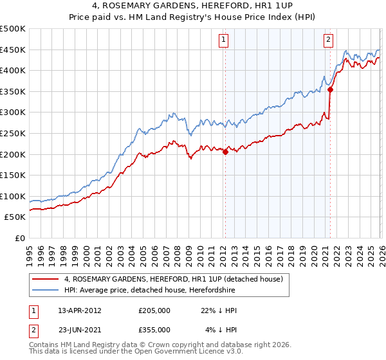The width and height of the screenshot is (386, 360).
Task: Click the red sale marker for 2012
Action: click(225, 152)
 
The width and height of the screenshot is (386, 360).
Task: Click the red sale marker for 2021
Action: click(330, 89)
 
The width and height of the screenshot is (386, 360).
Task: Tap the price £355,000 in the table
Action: click(154, 330)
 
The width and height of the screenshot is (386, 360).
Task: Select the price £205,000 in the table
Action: click(154, 310)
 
